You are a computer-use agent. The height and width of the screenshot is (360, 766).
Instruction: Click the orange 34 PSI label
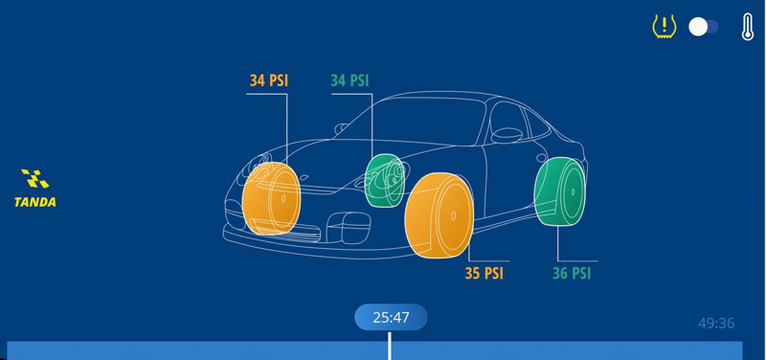tap(269, 81)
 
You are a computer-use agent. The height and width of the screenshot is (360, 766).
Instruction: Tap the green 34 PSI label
tap(349, 81)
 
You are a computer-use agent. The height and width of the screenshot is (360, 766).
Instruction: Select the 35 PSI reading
tap(484, 274)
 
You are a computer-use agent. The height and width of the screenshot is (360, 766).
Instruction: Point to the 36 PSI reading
tap(572, 274)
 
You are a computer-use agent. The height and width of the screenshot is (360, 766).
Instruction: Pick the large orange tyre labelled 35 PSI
tap(439, 215)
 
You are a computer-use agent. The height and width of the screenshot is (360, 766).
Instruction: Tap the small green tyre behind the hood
tap(386, 180)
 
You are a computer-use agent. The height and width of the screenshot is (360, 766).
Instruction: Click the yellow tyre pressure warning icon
tap(664, 27)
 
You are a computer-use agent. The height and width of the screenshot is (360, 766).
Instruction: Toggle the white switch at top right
tap(704, 27)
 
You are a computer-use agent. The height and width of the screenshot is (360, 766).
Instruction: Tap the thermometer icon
tap(748, 27)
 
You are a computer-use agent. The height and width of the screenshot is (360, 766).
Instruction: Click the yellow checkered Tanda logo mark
tap(35, 179)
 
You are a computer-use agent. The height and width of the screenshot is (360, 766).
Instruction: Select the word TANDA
tap(35, 202)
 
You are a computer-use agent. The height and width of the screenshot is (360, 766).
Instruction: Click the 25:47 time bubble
tap(391, 317)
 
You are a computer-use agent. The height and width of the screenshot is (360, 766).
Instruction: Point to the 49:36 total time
tap(716, 324)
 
